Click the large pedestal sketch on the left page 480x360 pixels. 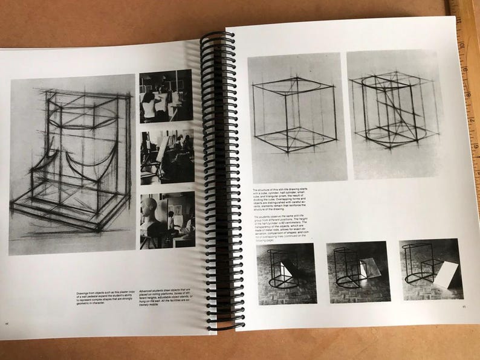(73, 163)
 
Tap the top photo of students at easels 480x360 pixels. (166, 96)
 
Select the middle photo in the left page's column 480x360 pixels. (167, 156)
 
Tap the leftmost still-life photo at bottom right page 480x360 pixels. (286, 272)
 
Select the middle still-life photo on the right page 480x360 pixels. (357, 272)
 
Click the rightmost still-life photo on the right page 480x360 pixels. (430, 269)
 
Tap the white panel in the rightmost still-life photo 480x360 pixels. (447, 275)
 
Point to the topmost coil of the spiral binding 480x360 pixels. (218, 36)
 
